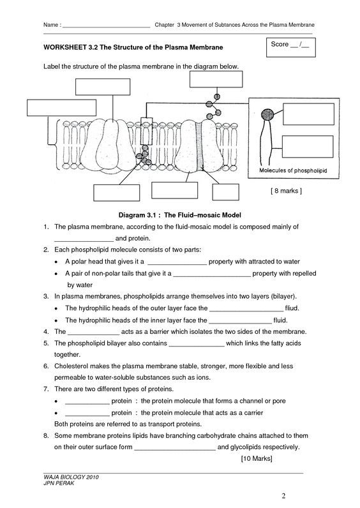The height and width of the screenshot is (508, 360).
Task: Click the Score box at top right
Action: click(290, 47)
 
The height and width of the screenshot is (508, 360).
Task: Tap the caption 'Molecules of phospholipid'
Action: click(293, 170)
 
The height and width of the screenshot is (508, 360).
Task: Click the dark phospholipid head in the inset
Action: click(267, 114)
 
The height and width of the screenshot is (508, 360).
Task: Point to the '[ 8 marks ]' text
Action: click(286, 191)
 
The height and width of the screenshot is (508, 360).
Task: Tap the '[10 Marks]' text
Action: click(257, 458)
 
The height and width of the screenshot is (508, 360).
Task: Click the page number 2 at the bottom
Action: click(283, 496)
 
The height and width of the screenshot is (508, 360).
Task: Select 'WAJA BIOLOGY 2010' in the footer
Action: click(71, 477)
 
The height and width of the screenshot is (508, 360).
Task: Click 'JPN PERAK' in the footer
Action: click(59, 483)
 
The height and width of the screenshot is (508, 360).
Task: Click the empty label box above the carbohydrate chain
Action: click(216, 79)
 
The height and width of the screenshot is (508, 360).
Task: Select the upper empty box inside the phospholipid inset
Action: click(308, 114)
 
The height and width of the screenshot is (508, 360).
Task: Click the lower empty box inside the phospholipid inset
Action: click(308, 147)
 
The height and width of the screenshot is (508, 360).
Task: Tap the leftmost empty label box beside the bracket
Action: click(61, 108)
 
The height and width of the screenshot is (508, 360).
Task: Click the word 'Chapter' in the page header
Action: click(165, 25)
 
